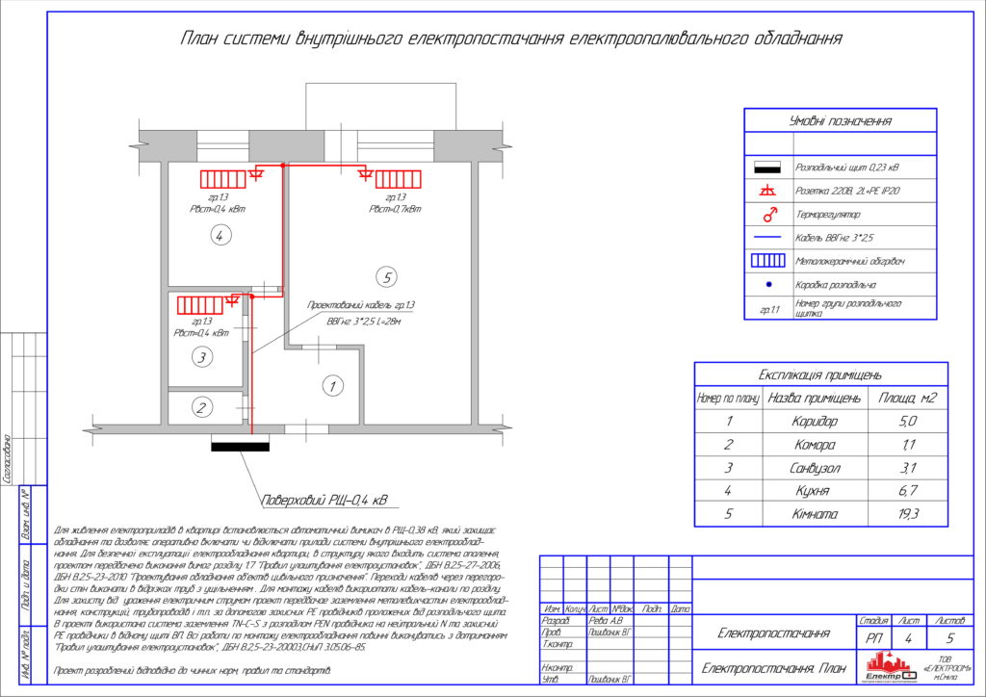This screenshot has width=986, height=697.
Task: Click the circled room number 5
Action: pyautogui.click(x=386, y=278)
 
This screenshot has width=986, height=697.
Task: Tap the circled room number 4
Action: pyautogui.click(x=221, y=235)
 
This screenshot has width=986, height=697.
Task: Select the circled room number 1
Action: pyautogui.click(x=332, y=387)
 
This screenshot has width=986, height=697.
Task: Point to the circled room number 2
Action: pyautogui.click(x=201, y=408)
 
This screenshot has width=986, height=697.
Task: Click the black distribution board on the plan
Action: pyautogui.click(x=241, y=446)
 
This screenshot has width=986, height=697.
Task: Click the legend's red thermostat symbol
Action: pyautogui.click(x=769, y=214)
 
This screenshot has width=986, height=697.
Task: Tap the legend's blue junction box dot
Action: pyautogui.click(x=769, y=284)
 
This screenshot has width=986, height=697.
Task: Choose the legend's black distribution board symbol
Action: pyautogui.click(x=769, y=168)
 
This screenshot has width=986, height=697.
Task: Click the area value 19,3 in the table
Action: pyautogui.click(x=908, y=515)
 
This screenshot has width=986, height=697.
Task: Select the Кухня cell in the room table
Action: pyautogui.click(x=815, y=492)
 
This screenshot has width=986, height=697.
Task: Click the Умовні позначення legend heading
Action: pyautogui.click(x=840, y=121)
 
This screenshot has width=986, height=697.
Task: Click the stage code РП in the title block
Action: pyautogui.click(x=873, y=636)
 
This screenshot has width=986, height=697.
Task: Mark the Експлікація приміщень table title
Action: pyautogui.click(x=820, y=374)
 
